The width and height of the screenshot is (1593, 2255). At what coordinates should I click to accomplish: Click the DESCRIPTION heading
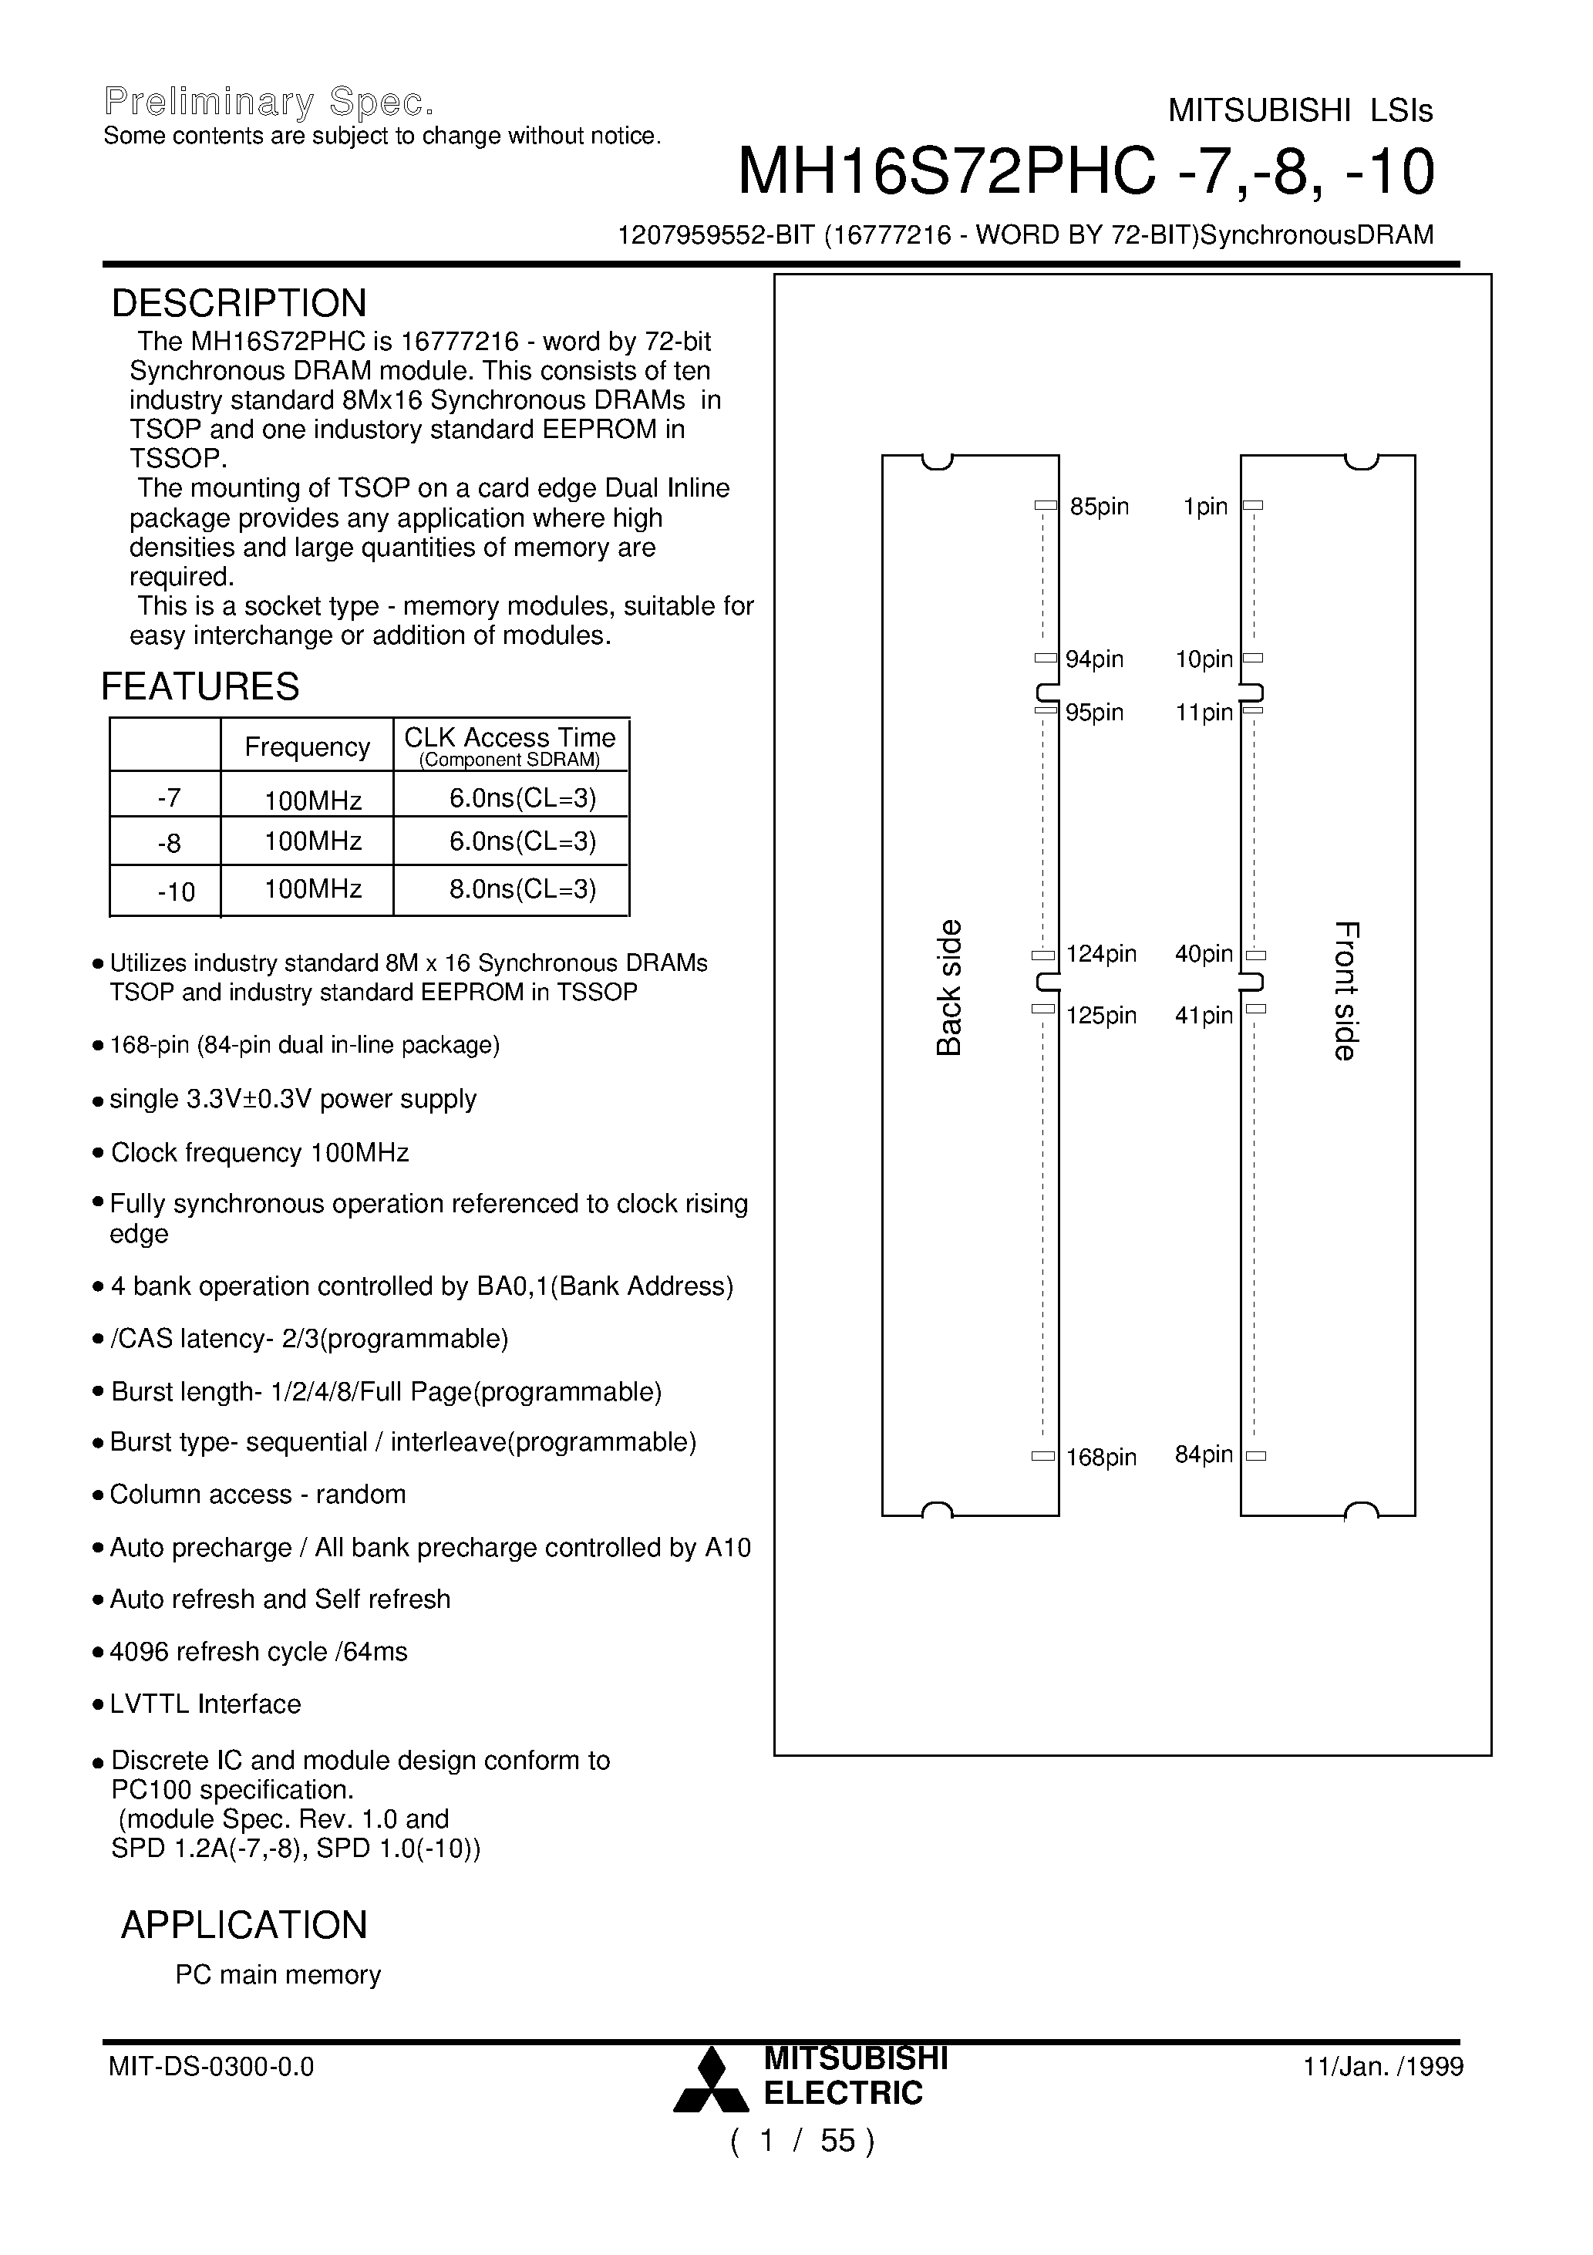pyautogui.click(x=239, y=304)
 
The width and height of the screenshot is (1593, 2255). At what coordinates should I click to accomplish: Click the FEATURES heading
pyautogui.click(x=200, y=686)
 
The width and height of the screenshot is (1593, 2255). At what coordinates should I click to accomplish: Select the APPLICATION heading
pyautogui.click(x=244, y=1924)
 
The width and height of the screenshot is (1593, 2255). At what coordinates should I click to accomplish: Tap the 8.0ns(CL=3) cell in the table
pyautogui.click(x=523, y=889)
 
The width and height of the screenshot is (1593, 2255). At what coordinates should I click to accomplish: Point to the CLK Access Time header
pyautogui.click(x=510, y=737)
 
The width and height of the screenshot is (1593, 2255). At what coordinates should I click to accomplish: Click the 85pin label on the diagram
pyautogui.click(x=1099, y=507)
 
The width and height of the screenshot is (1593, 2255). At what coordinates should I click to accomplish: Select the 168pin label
pyautogui.click(x=1101, y=1458)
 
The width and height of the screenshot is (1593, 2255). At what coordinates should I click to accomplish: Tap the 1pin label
pyautogui.click(x=1205, y=507)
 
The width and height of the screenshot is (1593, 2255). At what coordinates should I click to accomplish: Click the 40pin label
pyautogui.click(x=1203, y=954)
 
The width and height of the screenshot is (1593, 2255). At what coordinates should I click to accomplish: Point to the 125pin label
pyautogui.click(x=1101, y=1016)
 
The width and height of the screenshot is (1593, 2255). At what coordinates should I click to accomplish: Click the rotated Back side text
pyautogui.click(x=948, y=987)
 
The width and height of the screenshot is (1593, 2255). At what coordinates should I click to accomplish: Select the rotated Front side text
pyautogui.click(x=1345, y=990)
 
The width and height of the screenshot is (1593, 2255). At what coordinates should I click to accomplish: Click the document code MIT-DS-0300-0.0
pyautogui.click(x=211, y=2068)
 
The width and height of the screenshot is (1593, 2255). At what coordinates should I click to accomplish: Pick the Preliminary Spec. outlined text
pyautogui.click(x=268, y=102)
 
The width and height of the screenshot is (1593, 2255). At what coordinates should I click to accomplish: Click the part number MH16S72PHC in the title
pyautogui.click(x=946, y=172)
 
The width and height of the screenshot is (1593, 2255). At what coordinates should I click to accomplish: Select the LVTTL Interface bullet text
pyautogui.click(x=205, y=1704)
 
